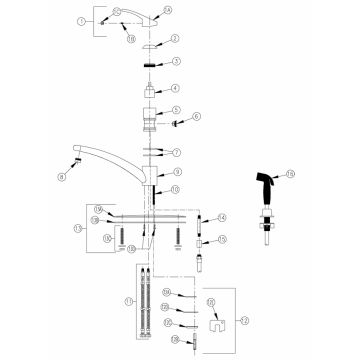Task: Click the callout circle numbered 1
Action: [x=81, y=20]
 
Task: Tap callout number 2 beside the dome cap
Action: [x=176, y=38]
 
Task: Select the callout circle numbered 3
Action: [x=176, y=62]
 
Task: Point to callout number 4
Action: [x=176, y=88]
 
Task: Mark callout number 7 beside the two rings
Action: [x=176, y=153]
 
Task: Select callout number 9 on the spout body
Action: [x=176, y=172]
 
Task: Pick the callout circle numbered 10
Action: [x=176, y=189]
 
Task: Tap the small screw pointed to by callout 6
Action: [x=178, y=125]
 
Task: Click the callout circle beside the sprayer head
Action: [x=291, y=173]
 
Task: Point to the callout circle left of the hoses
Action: [x=127, y=301]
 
